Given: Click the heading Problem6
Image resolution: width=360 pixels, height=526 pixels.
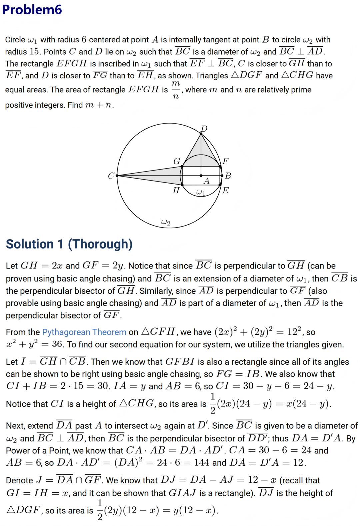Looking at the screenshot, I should tap(32, 9).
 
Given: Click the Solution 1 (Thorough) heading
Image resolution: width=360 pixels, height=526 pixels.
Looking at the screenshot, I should tap(69, 244).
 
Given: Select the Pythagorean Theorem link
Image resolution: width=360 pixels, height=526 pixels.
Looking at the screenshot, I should tap(84, 332).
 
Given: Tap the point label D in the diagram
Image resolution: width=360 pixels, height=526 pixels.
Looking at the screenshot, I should tap(204, 129).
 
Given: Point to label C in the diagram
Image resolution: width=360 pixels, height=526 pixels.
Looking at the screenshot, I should tap(111, 176).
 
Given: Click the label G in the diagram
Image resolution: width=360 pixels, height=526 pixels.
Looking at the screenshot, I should tap(177, 161).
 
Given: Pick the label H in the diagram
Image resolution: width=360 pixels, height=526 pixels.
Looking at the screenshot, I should tap(176, 190).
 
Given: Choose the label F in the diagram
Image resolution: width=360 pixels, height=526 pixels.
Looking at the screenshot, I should tap(226, 161).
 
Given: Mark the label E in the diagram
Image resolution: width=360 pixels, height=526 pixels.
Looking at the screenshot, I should tap(226, 190).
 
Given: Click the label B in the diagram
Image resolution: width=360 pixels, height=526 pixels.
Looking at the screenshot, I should tap(228, 176).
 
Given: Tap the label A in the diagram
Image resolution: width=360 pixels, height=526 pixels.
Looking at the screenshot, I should tap(207, 181).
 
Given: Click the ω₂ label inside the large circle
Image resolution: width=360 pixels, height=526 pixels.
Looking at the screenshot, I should tap(166, 222).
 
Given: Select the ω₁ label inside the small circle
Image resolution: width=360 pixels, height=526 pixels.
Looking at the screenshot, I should tap(201, 192).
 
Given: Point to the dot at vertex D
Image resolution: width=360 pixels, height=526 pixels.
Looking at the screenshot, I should tap(201, 134).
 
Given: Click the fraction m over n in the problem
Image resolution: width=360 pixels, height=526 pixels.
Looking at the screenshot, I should tap(176, 90).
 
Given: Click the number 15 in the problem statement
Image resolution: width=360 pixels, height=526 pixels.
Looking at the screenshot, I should tap(34, 52).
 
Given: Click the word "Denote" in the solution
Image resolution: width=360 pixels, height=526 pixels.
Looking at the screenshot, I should tap(20, 480).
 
